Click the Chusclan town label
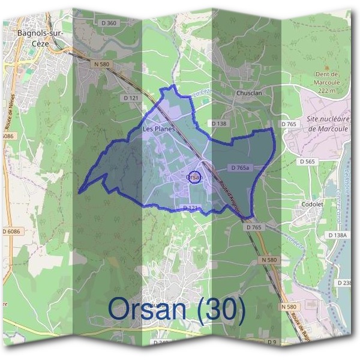tap(249, 94)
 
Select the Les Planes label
tap(158, 129)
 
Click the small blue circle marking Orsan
tap(193, 178)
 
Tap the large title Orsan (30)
tap(177, 310)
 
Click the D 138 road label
tap(218, 123)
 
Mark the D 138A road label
tap(337, 235)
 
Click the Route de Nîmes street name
tap(11, 114)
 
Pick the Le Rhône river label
tap(346, 181)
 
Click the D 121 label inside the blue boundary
tap(190, 208)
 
